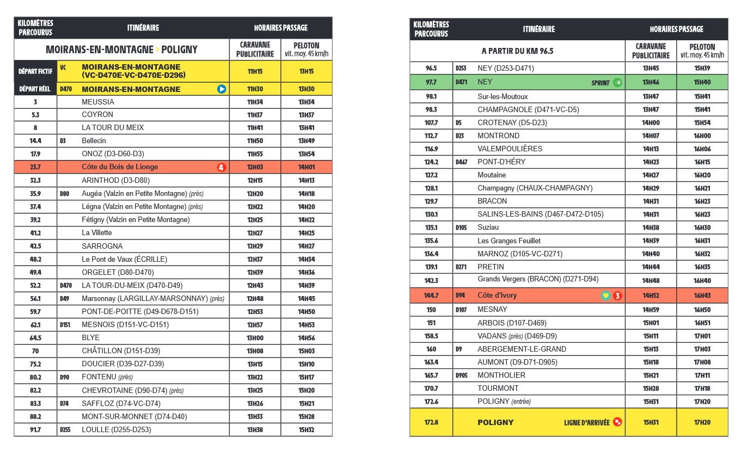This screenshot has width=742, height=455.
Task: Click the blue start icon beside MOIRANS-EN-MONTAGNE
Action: coord(222,89)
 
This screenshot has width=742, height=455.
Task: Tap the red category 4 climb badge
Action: coord(222,167)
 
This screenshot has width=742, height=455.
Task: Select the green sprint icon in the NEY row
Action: coord(617,83)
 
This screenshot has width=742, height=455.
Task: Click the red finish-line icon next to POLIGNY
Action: coord(617,422)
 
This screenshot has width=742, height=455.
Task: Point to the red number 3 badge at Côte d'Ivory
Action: coord(617,296)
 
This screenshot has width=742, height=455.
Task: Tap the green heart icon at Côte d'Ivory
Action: coord(605,296)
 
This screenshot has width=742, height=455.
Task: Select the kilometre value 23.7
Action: coord(35,167)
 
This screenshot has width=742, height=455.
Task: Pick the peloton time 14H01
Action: coord(306,167)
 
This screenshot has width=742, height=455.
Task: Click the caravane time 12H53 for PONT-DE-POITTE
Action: coord(255,312)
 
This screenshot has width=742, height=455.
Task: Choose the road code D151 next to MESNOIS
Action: coord(66,325)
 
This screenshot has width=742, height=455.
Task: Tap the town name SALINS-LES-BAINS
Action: coord(511,214)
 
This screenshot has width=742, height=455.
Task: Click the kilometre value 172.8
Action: coord(431,422)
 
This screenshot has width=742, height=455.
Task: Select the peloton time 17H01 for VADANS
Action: coord(702,336)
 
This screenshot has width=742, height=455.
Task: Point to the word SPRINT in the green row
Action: coord(600,83)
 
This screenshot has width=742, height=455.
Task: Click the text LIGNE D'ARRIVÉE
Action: coord(586,422)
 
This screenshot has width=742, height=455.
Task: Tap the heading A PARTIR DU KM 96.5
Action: coord(517,51)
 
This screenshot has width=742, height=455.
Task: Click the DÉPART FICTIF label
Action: coord(35,71)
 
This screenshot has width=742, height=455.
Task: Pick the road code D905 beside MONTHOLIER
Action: coord(462,376)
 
